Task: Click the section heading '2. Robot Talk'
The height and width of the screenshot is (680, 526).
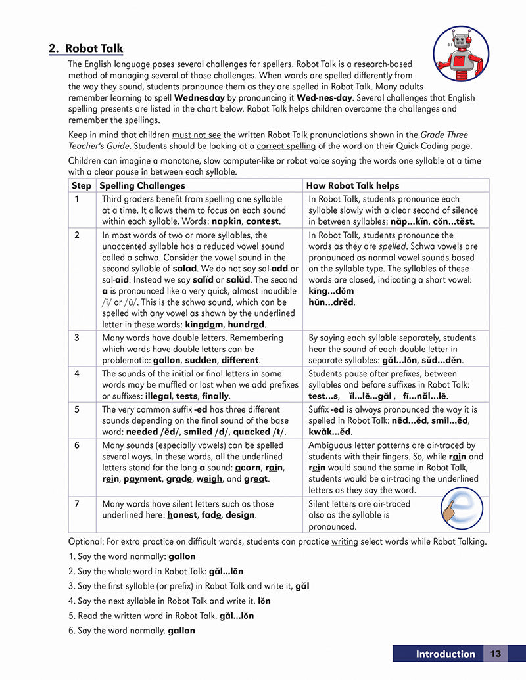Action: coord(85,49)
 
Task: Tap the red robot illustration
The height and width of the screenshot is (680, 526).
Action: coord(461,54)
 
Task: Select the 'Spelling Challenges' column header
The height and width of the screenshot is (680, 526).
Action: coord(133,186)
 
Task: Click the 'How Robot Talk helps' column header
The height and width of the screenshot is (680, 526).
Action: coord(354,186)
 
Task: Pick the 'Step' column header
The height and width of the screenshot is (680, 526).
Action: coord(82,186)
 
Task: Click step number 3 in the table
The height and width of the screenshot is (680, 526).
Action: coord(77,338)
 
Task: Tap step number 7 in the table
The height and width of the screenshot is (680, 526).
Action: coord(77,504)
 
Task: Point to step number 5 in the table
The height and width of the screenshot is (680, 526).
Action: coord(77,409)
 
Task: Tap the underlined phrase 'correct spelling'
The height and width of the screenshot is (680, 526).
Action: coord(286,146)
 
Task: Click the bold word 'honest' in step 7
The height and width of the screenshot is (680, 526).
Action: coord(181,515)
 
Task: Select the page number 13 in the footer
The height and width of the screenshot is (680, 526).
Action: coord(496,654)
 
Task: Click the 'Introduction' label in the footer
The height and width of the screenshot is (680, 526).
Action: coord(445,654)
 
